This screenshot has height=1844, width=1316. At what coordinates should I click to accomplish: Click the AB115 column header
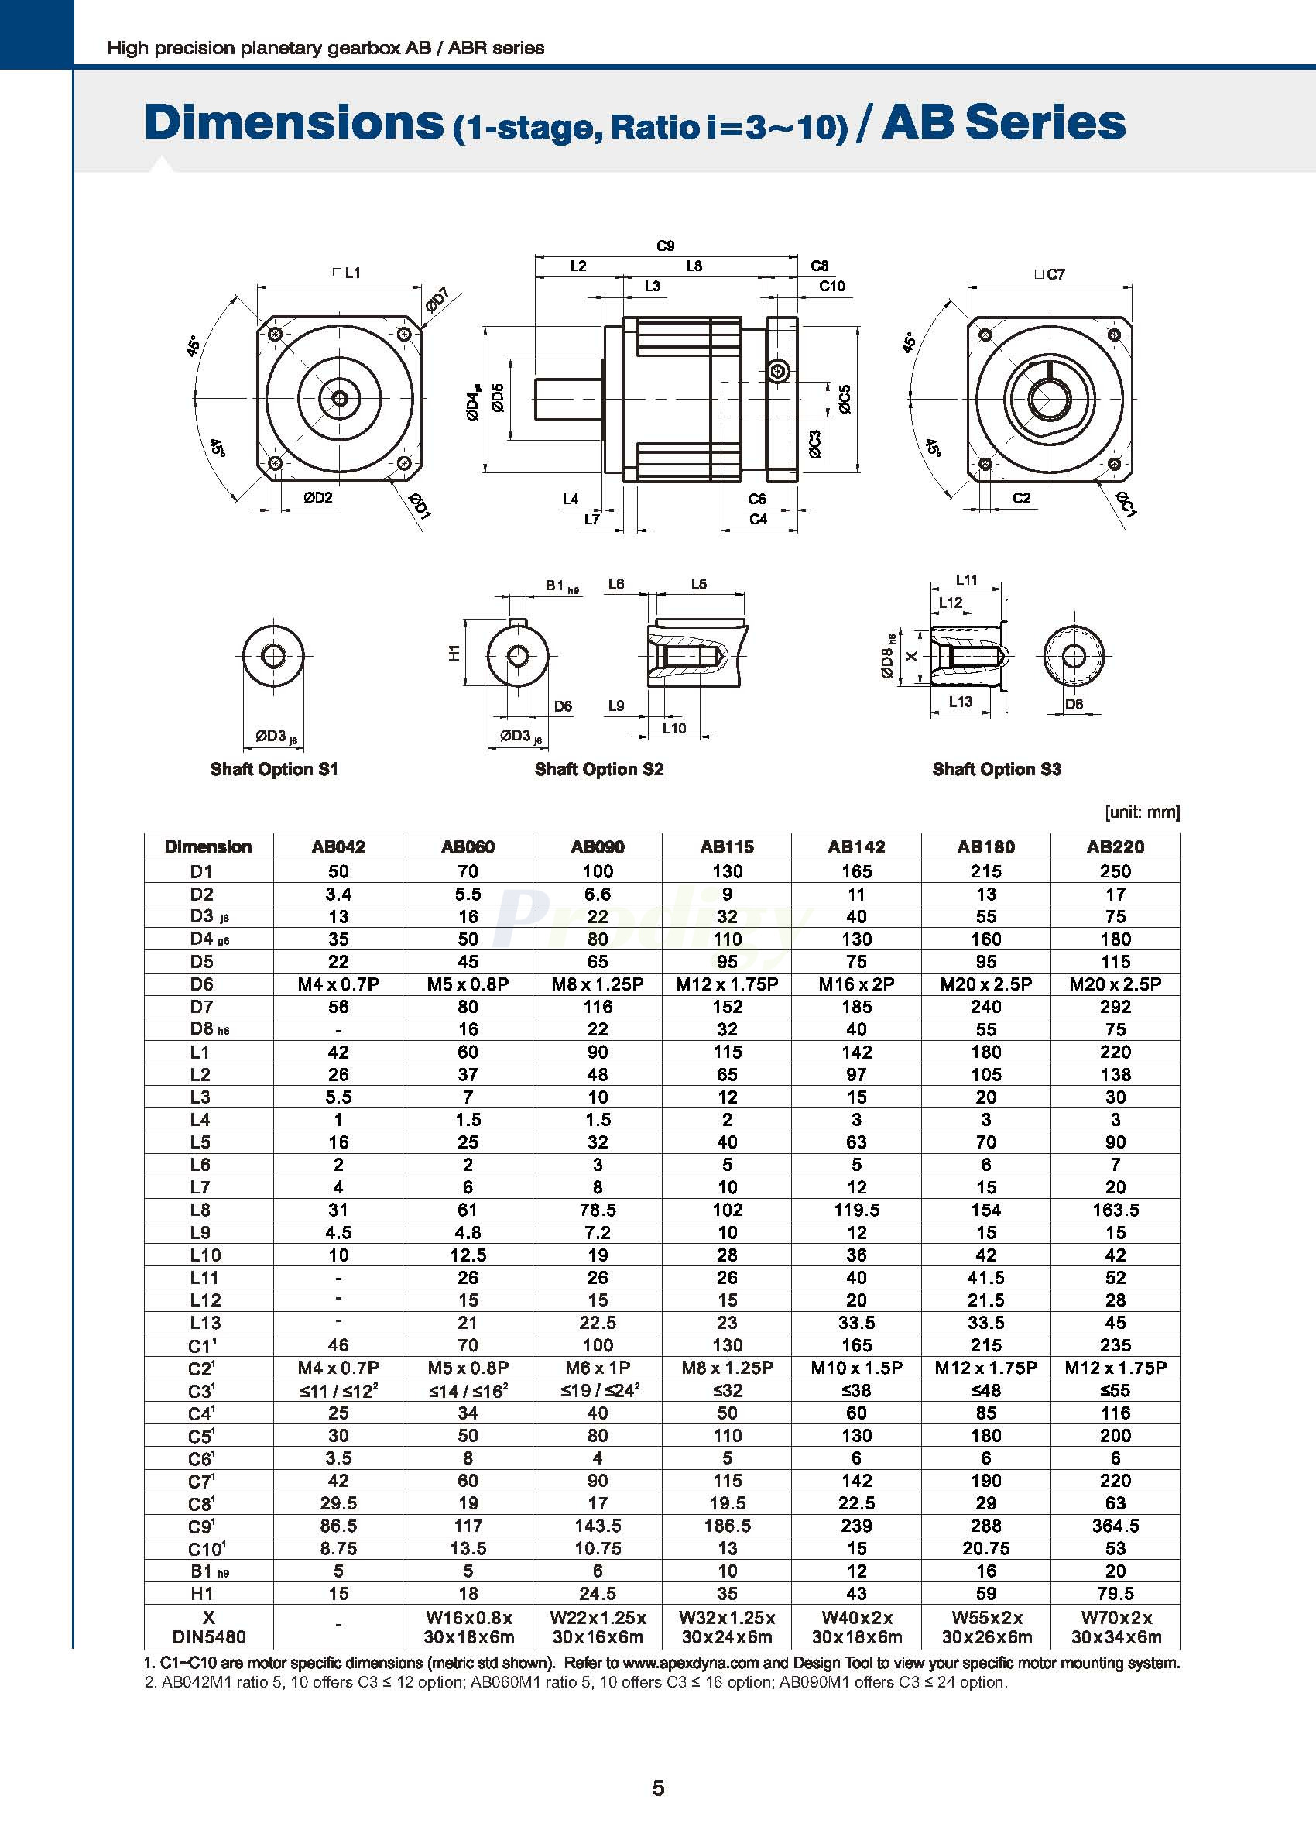pyautogui.click(x=727, y=847)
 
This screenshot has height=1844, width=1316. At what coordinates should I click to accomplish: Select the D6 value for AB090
pyautogui.click(x=597, y=984)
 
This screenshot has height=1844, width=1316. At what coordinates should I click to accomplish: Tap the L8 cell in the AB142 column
pyautogui.click(x=855, y=1210)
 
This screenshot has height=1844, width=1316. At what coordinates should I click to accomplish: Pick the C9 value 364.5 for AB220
pyautogui.click(x=1115, y=1526)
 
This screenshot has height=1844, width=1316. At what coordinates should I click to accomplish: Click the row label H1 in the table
pyautogui.click(x=202, y=1594)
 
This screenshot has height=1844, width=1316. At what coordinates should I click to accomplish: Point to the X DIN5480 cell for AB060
pyautogui.click(x=468, y=1627)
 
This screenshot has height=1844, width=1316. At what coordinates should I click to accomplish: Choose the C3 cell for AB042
pyautogui.click(x=338, y=1391)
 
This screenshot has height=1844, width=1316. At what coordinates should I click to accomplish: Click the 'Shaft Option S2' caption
pyautogui.click(x=599, y=769)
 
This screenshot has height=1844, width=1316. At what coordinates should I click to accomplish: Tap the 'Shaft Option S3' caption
pyautogui.click(x=996, y=769)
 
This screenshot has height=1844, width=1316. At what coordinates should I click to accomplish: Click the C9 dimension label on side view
pyautogui.click(x=665, y=246)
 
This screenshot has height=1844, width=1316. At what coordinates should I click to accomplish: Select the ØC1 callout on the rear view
pyautogui.click(x=1126, y=504)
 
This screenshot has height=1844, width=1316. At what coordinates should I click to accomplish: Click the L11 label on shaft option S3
pyautogui.click(x=966, y=580)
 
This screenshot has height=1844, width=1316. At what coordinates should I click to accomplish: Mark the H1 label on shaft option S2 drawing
pyautogui.click(x=454, y=651)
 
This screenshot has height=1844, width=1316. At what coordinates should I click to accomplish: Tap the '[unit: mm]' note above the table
pyautogui.click(x=1142, y=812)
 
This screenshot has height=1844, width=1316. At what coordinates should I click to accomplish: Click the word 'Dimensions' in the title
pyautogui.click(x=293, y=123)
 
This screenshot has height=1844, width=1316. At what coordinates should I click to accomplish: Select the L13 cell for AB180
pyautogui.click(x=985, y=1323)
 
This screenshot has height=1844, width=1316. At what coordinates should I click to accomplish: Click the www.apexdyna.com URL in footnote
pyautogui.click(x=691, y=1664)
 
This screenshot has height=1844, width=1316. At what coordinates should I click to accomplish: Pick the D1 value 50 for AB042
pyautogui.click(x=338, y=871)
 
